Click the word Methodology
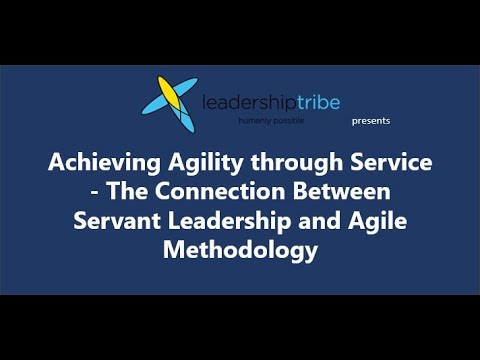[x=240, y=250]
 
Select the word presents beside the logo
[x=371, y=121]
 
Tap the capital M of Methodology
[x=172, y=250]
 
